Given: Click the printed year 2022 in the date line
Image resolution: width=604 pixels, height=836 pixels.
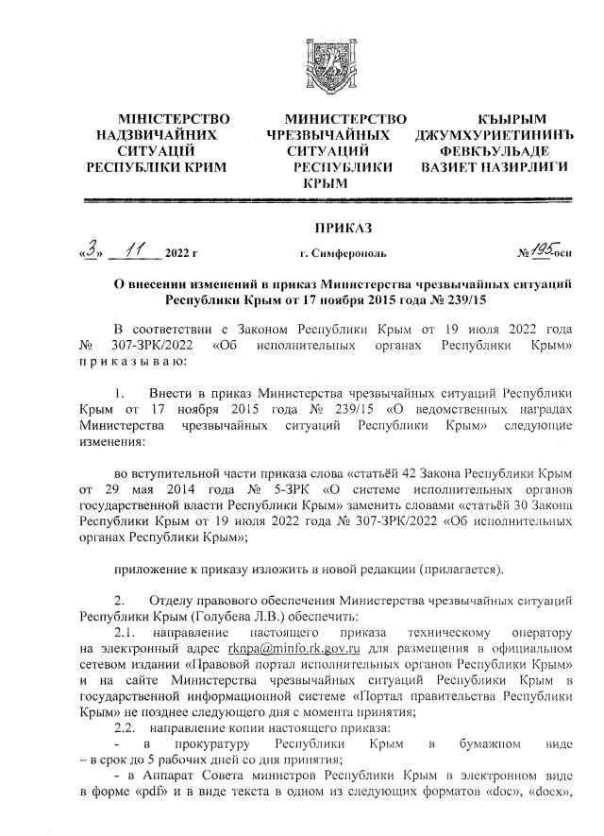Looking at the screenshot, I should [176, 253].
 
